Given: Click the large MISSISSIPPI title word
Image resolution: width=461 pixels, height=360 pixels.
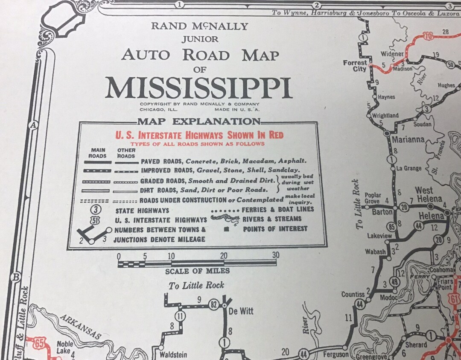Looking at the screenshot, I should [198, 88].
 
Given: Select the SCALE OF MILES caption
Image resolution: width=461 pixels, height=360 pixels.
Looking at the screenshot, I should [197, 271].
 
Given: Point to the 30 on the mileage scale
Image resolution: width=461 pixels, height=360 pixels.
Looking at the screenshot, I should [275, 255].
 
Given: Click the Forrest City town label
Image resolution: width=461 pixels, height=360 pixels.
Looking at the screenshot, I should [355, 66].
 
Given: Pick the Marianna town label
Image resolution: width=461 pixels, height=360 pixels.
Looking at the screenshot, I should [408, 140].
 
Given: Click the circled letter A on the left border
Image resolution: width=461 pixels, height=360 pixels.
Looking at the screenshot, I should [32, 125].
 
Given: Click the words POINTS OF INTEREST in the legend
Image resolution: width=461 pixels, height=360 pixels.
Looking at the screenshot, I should [275, 229].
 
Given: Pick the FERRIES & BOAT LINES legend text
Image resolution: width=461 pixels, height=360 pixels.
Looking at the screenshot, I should [277, 209].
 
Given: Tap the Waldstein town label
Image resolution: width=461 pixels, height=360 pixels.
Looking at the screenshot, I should [174, 354].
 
